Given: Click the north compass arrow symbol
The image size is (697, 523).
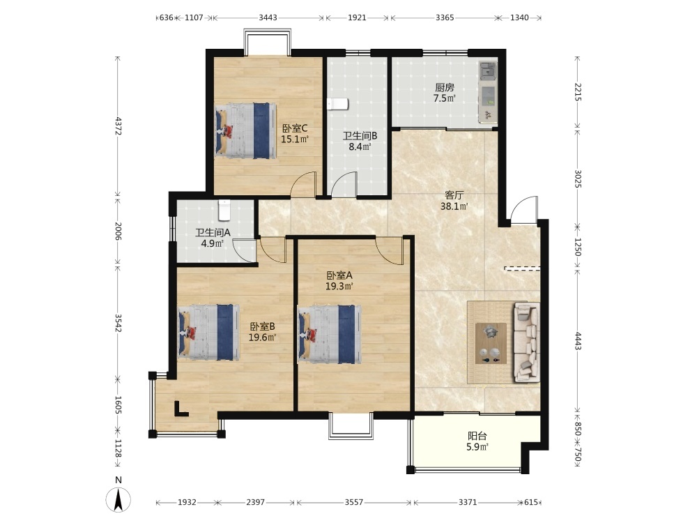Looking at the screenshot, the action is pos(118,499).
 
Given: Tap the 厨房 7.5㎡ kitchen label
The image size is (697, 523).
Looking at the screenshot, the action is pos(445,93).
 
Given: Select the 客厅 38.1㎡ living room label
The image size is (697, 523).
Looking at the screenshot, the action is pos(454,201).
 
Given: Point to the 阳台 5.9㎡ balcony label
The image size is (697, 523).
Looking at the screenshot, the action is pos(477,441).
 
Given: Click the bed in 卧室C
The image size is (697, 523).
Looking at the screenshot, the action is pos(246,131).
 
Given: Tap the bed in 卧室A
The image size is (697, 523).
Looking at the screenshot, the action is pos(330,334).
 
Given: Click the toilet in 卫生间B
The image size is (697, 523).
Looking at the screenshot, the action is pos(338,104).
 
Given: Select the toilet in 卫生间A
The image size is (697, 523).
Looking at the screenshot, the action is pos(225,211).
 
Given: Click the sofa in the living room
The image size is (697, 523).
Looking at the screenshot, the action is pos(527,342).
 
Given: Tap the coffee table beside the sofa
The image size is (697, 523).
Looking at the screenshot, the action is pos(491,343).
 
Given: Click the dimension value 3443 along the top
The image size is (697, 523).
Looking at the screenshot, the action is pos(268,18).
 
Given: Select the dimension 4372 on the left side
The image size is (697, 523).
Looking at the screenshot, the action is pos(118,126).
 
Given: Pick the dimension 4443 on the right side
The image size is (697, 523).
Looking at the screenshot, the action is pos(578,341).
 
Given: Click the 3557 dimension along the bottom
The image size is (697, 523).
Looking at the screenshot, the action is pos(354,502).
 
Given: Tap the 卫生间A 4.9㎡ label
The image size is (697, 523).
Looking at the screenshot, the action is pos(213,238).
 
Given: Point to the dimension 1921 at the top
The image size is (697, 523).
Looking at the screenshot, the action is pos(357,18).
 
